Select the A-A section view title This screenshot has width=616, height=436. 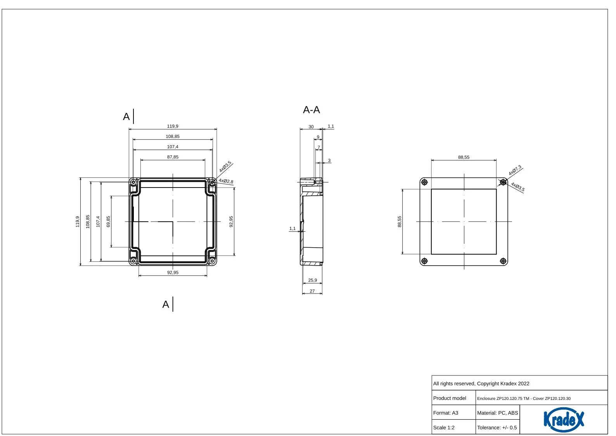[311, 110]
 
